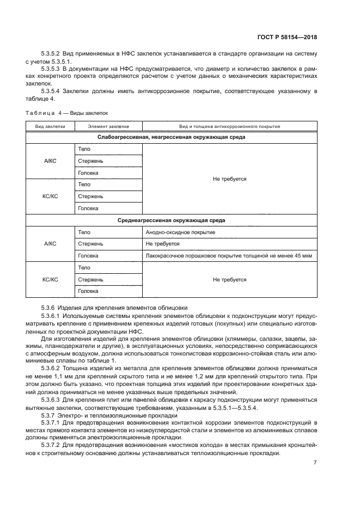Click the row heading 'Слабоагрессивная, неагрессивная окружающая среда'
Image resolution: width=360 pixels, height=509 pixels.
point(171,137)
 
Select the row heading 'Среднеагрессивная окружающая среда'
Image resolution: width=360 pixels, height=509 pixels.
point(171,220)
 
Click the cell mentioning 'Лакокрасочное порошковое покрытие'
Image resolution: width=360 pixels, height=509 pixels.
point(229,255)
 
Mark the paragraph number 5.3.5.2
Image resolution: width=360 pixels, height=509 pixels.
point(51,54)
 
